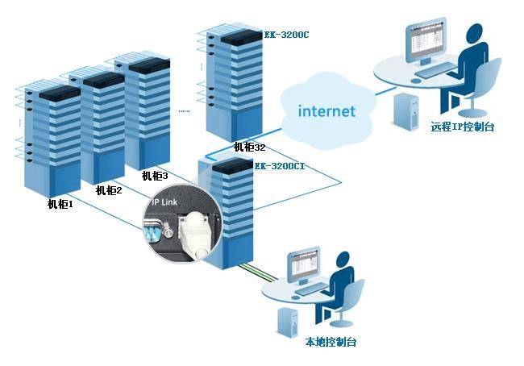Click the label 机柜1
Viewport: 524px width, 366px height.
(x=60, y=205)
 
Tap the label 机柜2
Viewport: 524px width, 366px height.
(x=108, y=190)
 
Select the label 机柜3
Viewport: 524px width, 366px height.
(x=154, y=176)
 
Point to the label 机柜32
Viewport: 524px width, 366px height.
(x=249, y=148)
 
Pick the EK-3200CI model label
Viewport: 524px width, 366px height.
(x=279, y=166)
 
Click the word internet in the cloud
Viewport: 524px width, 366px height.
(x=326, y=111)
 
